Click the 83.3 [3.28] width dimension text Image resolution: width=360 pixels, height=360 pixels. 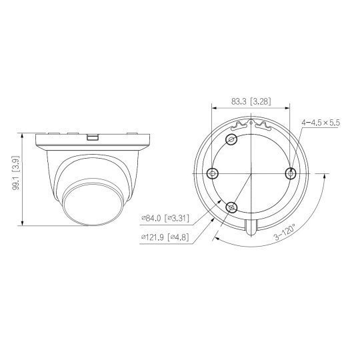[x=251, y=101]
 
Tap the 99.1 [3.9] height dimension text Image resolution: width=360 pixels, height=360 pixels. [x=16, y=173]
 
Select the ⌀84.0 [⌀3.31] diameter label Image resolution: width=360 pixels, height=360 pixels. [x=165, y=218]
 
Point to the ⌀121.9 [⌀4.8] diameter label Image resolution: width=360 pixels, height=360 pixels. [x=165, y=237]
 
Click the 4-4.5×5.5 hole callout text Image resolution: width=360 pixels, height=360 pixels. [x=321, y=123]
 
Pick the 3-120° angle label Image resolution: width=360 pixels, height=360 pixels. [x=285, y=233]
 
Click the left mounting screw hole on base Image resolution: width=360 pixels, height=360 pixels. [x=213, y=173]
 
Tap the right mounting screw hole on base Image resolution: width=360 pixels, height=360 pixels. [x=291, y=173]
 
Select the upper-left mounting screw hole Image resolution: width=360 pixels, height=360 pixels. [x=231, y=139]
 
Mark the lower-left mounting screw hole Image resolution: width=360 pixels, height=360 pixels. [x=231, y=207]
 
